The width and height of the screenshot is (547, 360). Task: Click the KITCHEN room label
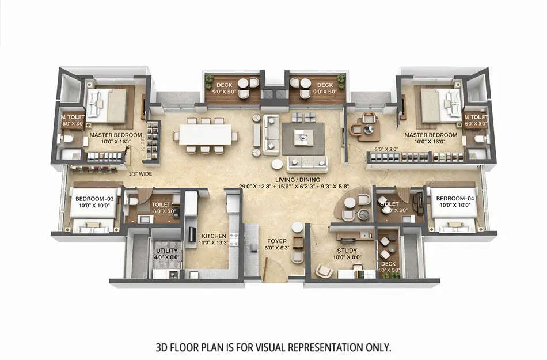coord(213,236)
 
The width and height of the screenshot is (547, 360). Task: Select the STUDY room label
coord(347,251)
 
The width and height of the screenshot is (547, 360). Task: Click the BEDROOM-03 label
coord(94,199)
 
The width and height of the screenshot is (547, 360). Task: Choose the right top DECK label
coord(325,85)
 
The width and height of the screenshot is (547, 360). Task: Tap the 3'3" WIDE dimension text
coord(140,172)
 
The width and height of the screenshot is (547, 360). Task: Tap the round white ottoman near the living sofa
coord(277,164)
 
